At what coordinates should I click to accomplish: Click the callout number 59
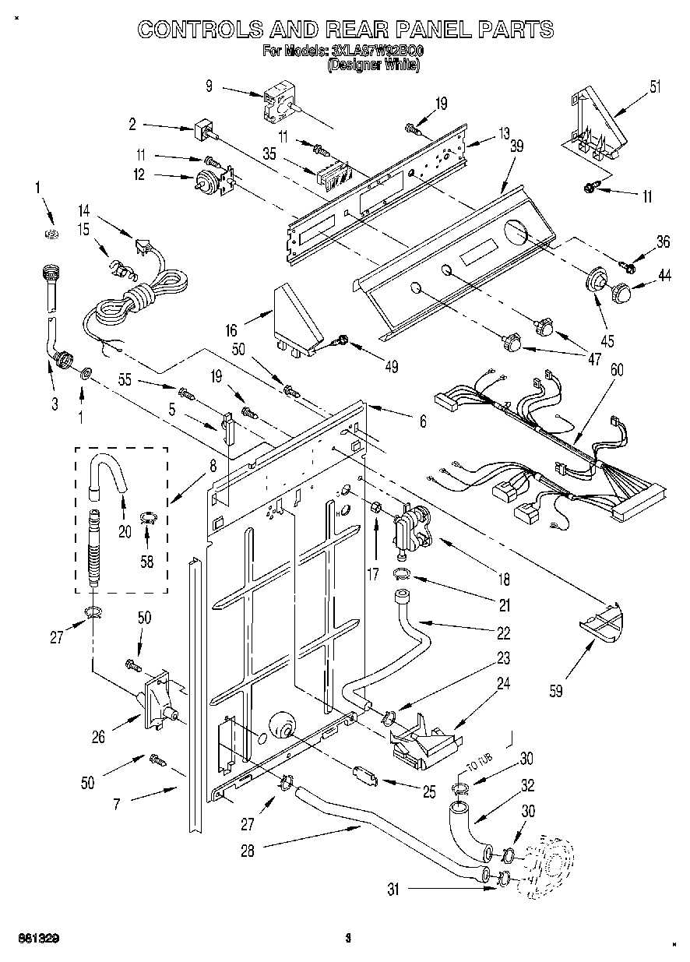554,689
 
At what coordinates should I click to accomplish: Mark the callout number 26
99,736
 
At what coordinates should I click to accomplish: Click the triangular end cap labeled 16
296,317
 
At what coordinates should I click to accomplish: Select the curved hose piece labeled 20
107,474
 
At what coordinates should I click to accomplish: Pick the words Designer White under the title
373,66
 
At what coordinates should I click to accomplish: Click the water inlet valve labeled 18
411,527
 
